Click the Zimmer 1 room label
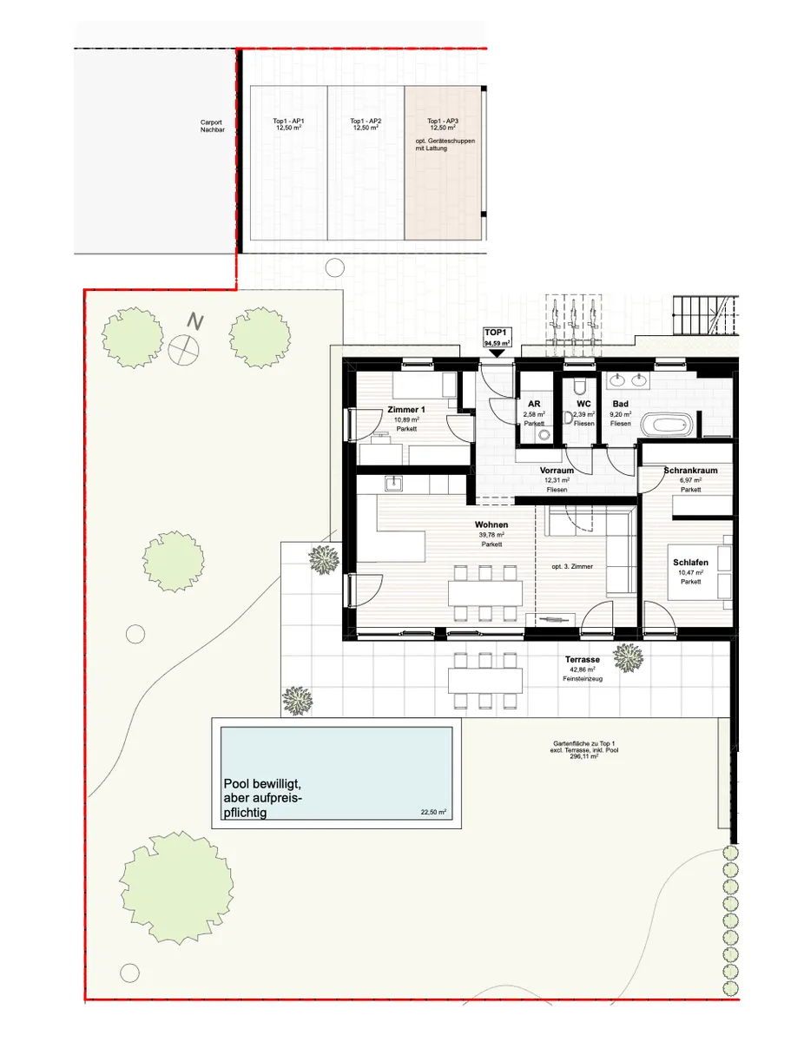click(x=406, y=410)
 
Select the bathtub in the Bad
click(x=668, y=425)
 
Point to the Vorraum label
click(x=557, y=471)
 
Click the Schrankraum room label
click(x=690, y=471)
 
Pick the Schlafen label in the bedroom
click(x=690, y=563)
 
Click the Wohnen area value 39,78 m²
click(x=491, y=535)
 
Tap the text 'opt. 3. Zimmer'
click(x=572, y=566)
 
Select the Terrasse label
click(x=582, y=659)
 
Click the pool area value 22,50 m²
click(x=433, y=812)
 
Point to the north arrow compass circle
click(x=183, y=350)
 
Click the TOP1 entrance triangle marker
click(x=497, y=353)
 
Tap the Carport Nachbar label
click(x=213, y=126)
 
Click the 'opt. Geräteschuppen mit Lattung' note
click(x=445, y=145)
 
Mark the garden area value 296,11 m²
click(x=584, y=756)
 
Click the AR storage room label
click(x=534, y=404)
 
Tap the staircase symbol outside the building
click(x=705, y=315)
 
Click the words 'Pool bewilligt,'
click(x=262, y=784)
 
